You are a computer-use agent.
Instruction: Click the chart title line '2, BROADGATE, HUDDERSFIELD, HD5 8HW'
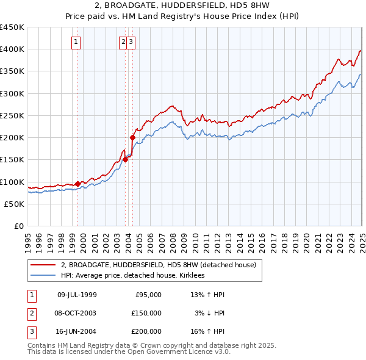pyautogui.click(x=183, y=6)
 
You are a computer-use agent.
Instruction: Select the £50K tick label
pyautogui.click(x=14, y=204)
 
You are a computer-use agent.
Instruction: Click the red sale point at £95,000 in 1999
pyautogui.click(x=77, y=183)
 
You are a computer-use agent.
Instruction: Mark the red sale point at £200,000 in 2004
pyautogui.click(x=132, y=137)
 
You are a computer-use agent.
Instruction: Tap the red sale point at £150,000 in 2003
pyautogui.click(x=126, y=159)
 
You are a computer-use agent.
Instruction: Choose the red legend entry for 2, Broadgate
pyautogui.click(x=160, y=265)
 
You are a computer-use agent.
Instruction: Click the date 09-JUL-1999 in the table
pyautogui.click(x=77, y=295)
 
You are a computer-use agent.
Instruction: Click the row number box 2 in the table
pyautogui.click(x=30, y=313)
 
